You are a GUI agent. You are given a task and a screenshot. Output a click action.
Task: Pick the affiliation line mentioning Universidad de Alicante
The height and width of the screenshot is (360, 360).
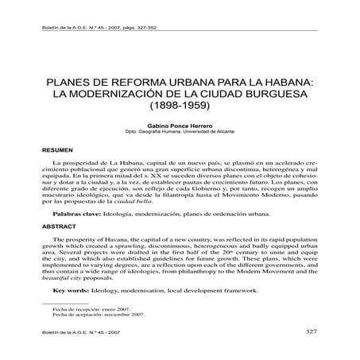coord(180,133)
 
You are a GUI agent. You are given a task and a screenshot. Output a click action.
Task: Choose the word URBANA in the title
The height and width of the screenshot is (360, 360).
coord(188,80)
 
